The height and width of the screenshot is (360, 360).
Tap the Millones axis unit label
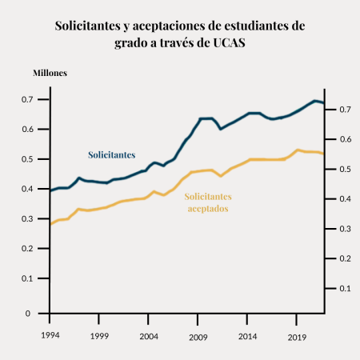click(50, 73)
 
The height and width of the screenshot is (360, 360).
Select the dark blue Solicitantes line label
click(111, 154)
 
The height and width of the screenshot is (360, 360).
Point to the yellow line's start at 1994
click(51, 224)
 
